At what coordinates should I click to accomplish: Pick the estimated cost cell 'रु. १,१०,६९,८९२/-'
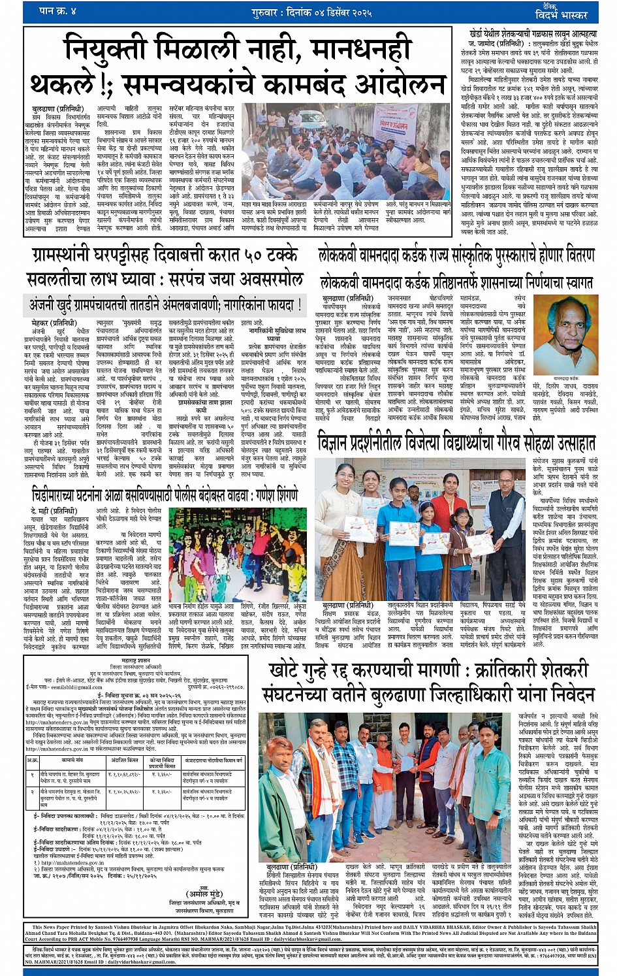(125, 775)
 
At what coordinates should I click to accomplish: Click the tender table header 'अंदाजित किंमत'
(125, 761)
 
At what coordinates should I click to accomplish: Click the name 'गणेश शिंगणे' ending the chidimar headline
(275, 495)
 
